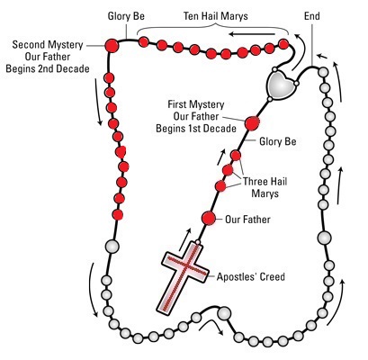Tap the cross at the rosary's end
(x=183, y=277)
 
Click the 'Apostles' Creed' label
(x=251, y=276)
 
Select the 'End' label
(x=312, y=15)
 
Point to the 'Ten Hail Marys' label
(x=216, y=15)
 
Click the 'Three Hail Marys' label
(x=265, y=187)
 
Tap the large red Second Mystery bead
(x=112, y=46)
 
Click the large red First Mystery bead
(x=252, y=123)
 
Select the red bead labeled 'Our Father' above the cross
(x=209, y=218)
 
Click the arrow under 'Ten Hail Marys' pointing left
(x=252, y=34)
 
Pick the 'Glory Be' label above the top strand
(x=126, y=16)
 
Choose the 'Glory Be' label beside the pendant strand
(x=278, y=141)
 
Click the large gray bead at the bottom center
(x=224, y=313)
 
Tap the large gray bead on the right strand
(x=324, y=238)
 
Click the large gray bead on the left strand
(x=112, y=247)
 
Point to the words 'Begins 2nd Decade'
(x=48, y=68)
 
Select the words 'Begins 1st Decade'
(x=196, y=129)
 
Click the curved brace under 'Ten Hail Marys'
(x=213, y=28)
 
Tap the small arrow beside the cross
(x=184, y=239)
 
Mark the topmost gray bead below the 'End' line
(x=323, y=72)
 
